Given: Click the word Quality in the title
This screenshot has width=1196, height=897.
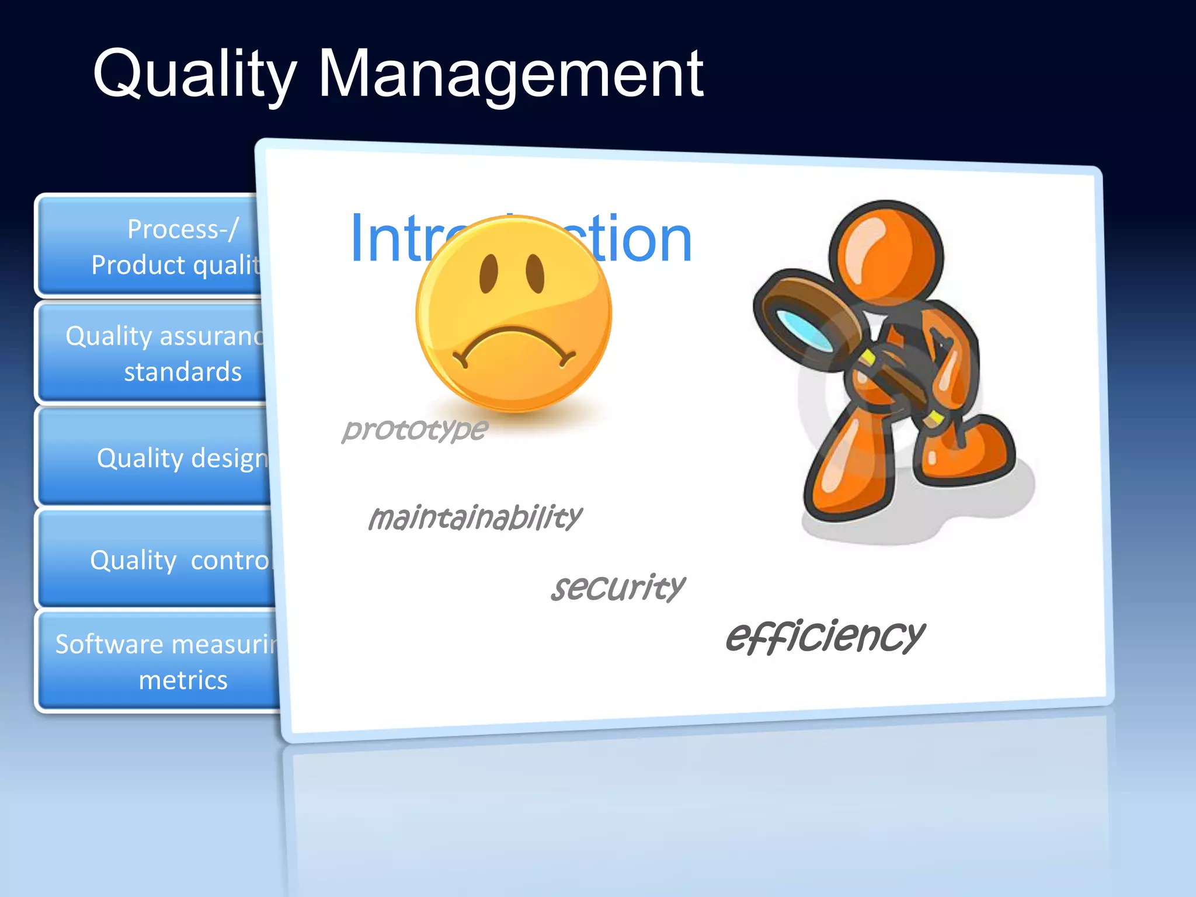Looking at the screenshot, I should pyautogui.click(x=194, y=74).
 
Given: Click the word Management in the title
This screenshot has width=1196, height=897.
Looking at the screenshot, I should pyautogui.click(x=510, y=74).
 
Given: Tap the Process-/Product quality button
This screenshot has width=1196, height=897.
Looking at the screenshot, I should pyautogui.click(x=152, y=246).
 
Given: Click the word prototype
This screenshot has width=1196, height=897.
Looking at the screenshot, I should pyautogui.click(x=415, y=429).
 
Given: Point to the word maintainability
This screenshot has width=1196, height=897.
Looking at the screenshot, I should pyautogui.click(x=475, y=517).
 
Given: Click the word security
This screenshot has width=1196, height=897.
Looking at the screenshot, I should pyautogui.click(x=618, y=587).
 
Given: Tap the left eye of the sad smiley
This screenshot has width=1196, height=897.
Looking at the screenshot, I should pyautogui.click(x=489, y=273).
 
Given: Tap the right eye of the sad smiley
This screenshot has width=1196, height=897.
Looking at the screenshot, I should pyautogui.click(x=535, y=273).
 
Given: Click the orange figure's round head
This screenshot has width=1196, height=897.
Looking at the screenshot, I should pyautogui.click(x=886, y=252).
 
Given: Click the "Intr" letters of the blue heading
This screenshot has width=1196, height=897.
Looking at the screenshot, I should pyautogui.click(x=397, y=239).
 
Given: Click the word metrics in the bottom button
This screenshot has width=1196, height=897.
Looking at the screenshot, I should pyautogui.click(x=183, y=680).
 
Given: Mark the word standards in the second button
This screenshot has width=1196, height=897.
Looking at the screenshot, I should pyautogui.click(x=183, y=372).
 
